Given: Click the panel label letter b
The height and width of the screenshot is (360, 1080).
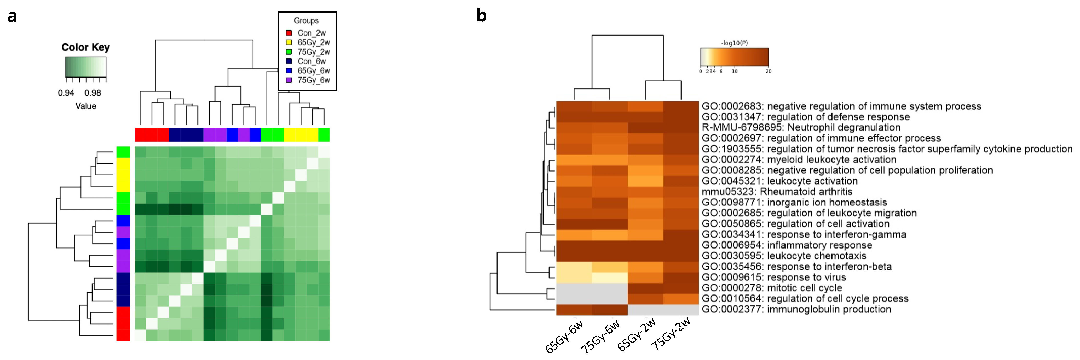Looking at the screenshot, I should pyautogui.click(x=481, y=15).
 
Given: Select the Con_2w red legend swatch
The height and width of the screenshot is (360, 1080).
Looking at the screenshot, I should pyautogui.click(x=288, y=33).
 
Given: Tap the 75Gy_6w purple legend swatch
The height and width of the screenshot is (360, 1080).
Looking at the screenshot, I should pyautogui.click(x=288, y=80).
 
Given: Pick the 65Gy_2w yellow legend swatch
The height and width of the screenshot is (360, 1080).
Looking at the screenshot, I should pyautogui.click(x=288, y=42).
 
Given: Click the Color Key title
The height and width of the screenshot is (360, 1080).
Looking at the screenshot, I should pyautogui.click(x=85, y=47).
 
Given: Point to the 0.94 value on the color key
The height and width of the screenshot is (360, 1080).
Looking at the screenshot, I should pyautogui.click(x=66, y=93).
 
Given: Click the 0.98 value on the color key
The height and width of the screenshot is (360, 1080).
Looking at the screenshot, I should pyautogui.click(x=93, y=93).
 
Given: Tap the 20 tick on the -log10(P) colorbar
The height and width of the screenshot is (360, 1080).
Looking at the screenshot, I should pyautogui.click(x=768, y=71).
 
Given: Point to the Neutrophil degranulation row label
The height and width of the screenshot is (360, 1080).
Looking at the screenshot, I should pyautogui.click(x=801, y=127).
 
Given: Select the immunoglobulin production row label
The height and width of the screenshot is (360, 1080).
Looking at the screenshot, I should pyautogui.click(x=796, y=309).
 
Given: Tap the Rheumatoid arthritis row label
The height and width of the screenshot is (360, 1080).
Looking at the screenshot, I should pyautogui.click(x=777, y=192).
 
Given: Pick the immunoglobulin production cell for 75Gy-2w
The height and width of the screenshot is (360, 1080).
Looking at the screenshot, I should pyautogui.click(x=681, y=309).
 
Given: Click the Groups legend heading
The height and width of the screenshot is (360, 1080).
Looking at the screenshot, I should pyautogui.click(x=306, y=21).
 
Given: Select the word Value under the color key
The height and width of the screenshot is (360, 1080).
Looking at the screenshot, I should pyautogui.click(x=85, y=106).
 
